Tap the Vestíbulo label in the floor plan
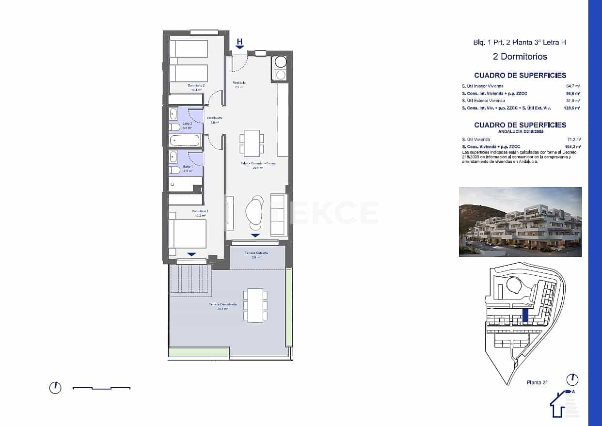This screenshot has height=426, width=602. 239,83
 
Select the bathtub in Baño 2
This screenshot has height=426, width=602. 184,141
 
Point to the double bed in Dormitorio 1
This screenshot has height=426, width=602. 187,234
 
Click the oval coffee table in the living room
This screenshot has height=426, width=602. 255,212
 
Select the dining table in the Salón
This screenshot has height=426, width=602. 252,143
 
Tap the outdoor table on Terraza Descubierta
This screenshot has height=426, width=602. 255,305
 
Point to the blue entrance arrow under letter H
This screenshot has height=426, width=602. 240,47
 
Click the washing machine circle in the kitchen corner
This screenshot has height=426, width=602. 281,62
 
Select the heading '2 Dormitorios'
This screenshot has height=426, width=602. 520,57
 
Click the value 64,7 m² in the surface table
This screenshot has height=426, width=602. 574,85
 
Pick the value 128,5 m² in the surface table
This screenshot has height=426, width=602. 572,108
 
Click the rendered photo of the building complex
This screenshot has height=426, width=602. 520,221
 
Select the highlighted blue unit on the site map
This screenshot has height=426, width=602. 525,316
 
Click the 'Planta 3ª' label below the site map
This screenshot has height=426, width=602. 537,382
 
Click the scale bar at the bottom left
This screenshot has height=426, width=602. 101,388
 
